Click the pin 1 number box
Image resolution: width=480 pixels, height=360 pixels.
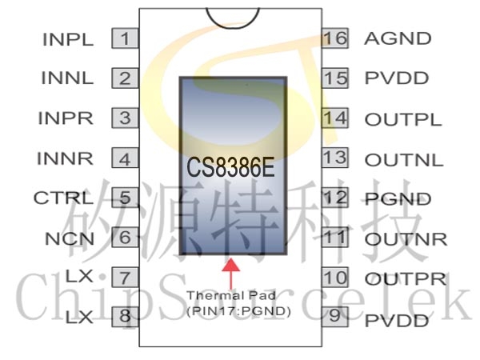pos(125,38)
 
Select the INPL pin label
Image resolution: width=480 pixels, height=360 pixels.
pos(68,38)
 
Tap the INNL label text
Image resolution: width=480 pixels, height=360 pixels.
pos(67,78)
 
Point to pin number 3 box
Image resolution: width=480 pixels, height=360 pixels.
pos(125,118)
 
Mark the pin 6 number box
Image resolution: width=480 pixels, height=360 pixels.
pos(125,238)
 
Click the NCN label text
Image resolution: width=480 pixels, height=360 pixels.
pos(70,238)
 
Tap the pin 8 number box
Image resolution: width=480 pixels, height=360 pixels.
pos(125,317)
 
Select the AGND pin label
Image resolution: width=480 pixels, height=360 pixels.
pos(398,38)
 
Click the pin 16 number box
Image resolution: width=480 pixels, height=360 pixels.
pos(337,38)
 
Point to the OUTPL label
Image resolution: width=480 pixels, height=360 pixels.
pos(403,119)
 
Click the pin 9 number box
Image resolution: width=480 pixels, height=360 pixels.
pos(337,315)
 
